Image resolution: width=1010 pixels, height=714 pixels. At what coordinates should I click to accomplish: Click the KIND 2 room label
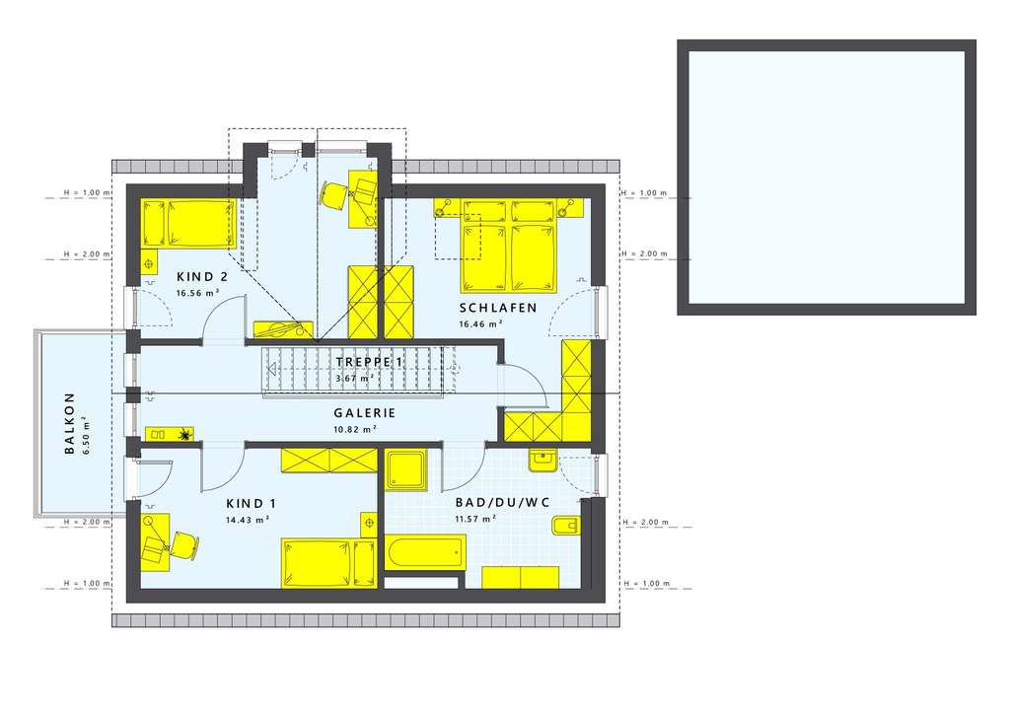point(202,277)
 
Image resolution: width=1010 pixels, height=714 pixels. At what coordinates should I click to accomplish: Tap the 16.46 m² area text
point(480,322)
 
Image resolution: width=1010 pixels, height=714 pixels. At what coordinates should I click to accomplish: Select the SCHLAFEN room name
point(497,308)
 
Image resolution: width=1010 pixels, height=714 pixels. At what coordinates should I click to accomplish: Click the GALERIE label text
point(365,414)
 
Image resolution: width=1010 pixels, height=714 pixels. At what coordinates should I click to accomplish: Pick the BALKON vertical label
point(70,424)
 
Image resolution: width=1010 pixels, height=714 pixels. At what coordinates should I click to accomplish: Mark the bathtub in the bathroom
point(425,553)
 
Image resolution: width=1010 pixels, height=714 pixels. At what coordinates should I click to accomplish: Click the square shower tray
point(406,471)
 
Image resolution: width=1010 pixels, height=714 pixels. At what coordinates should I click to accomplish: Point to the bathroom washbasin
point(542,460)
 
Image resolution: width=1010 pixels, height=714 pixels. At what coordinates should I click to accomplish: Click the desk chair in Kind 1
point(183,542)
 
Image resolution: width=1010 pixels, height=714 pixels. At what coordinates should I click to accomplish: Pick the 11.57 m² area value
point(474,519)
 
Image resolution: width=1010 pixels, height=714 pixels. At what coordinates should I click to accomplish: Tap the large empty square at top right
point(827,178)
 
